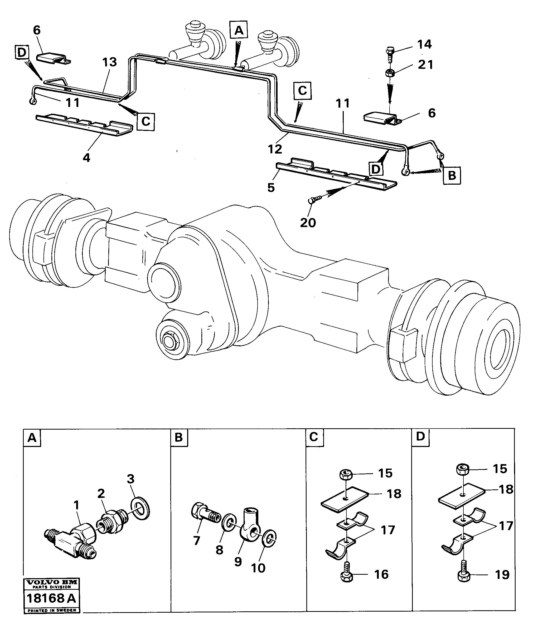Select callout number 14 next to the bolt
pos(424,45)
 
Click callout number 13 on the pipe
pos(109,62)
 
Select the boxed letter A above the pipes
pos(239,30)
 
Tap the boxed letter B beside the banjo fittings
pos(452,175)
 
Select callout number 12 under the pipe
pos(275,149)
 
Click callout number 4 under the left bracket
pos(86,158)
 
